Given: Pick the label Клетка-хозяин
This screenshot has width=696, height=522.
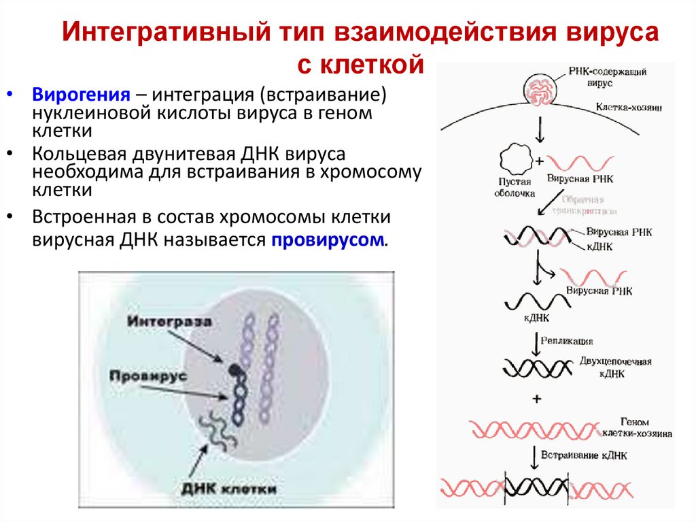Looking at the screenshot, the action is point(629,108).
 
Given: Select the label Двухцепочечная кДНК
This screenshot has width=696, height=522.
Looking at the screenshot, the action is point(615,366).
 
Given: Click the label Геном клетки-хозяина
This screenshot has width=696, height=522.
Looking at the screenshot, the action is point(636,427).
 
